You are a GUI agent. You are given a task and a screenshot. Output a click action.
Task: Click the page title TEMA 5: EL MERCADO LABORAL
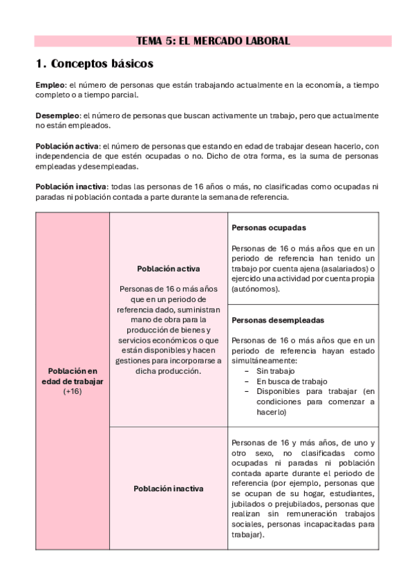(213, 41)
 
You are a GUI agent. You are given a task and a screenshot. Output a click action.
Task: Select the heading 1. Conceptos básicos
(94, 64)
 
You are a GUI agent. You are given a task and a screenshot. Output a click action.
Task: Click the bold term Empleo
(48, 85)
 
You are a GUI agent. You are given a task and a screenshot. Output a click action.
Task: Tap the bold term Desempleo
(57, 115)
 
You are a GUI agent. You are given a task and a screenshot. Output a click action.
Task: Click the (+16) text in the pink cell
(73, 391)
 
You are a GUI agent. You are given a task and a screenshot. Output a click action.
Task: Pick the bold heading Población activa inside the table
(169, 269)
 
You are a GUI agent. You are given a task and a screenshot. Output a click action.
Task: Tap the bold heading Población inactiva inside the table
(169, 489)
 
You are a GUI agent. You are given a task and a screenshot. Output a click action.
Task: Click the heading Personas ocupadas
(269, 227)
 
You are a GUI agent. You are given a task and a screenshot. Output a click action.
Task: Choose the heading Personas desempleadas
(278, 321)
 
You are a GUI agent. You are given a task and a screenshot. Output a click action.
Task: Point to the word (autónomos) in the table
(256, 289)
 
